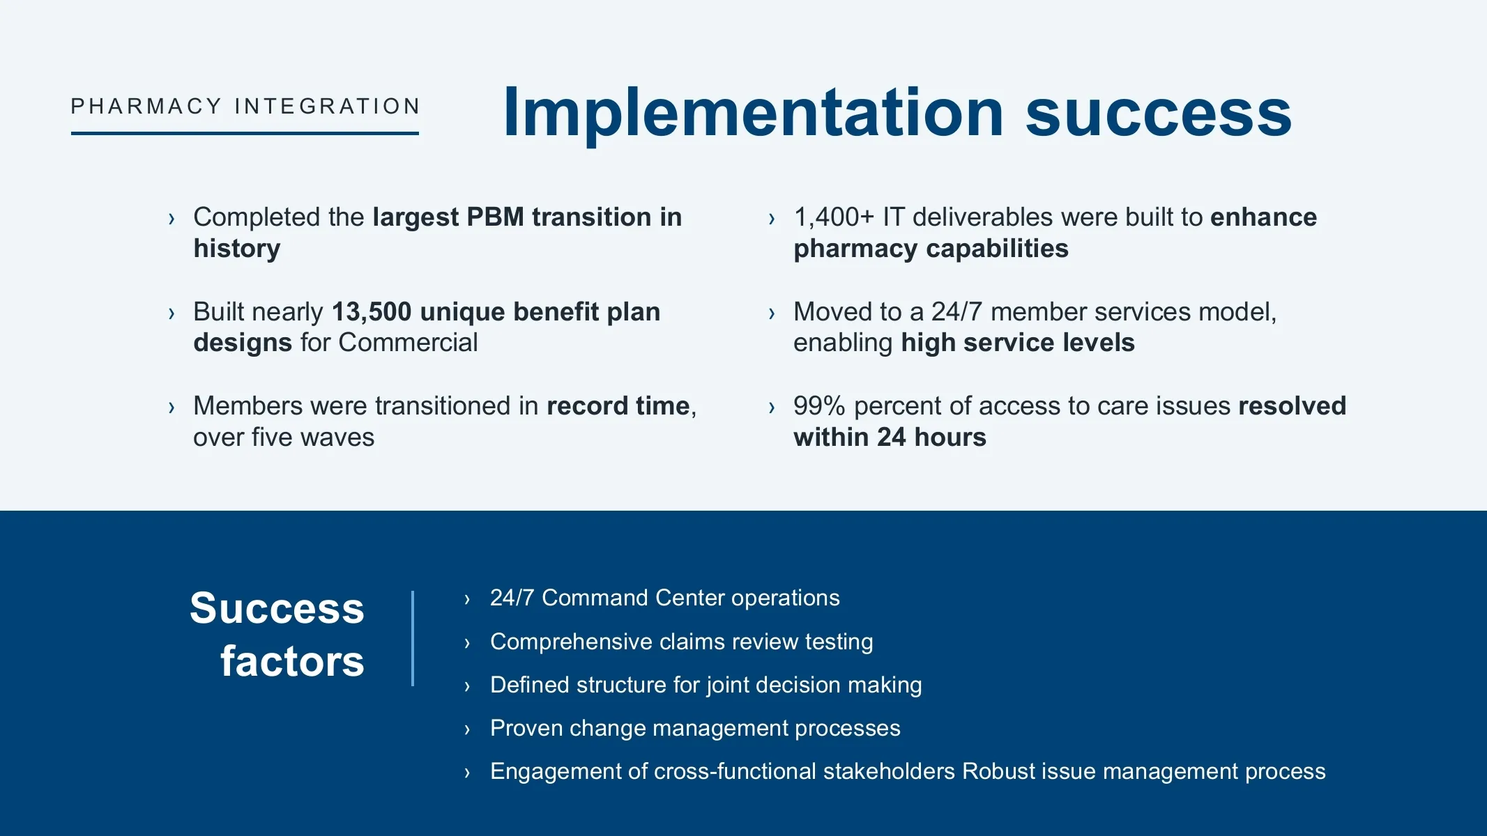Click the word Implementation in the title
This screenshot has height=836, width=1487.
coord(754,113)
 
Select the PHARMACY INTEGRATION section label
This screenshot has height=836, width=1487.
coord(245,106)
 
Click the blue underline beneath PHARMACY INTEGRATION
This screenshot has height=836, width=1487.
coord(245,133)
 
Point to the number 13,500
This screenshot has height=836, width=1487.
coord(372,312)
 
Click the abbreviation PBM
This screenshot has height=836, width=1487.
coord(495,217)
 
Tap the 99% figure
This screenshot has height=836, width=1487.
coord(819,405)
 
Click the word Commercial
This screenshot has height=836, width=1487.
coord(408,342)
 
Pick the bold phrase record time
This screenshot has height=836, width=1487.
coord(618,405)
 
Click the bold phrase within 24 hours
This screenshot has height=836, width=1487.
coord(890,437)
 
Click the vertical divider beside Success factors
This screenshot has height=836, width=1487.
coord(413,638)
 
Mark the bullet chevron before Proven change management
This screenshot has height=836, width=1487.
coord(467,729)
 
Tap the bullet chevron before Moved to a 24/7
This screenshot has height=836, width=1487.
coord(772,313)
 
